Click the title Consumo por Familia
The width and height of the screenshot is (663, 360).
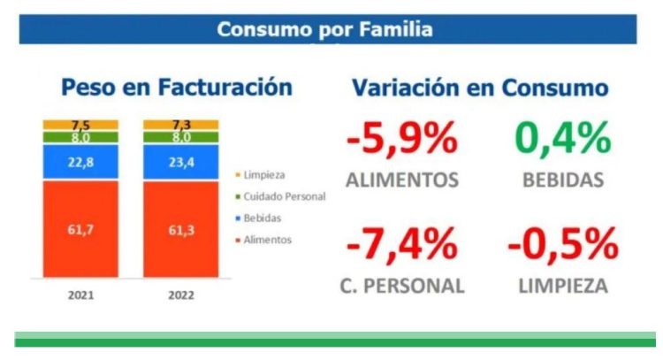325,30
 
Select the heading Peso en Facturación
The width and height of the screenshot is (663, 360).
176,87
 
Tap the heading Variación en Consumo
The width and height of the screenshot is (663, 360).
480,88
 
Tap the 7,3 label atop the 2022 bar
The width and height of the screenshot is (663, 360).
181,125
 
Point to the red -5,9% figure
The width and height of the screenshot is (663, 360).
402,139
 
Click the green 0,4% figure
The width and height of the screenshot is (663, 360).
562,139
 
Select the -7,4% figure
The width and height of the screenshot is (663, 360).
402,244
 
